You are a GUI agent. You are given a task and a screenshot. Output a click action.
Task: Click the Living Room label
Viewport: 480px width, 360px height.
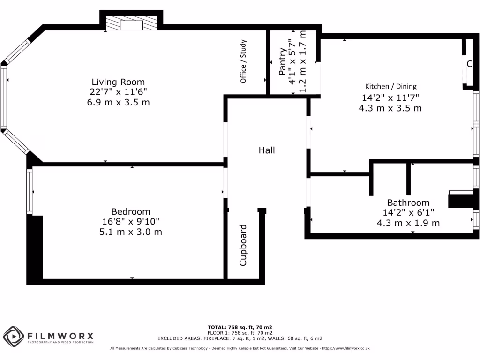118,82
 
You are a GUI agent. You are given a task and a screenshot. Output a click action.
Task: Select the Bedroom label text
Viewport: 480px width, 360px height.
130,211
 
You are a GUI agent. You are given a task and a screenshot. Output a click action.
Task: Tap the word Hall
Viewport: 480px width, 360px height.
267,150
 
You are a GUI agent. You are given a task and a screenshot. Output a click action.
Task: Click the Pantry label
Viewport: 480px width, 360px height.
282,62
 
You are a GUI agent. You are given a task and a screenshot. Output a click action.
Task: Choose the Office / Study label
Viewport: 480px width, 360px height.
243,61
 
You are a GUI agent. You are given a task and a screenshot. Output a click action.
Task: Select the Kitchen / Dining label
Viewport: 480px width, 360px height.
390,86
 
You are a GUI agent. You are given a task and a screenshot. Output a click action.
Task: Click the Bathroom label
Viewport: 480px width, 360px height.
408,202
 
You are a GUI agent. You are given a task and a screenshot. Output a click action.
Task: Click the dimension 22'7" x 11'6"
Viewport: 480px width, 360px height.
118,92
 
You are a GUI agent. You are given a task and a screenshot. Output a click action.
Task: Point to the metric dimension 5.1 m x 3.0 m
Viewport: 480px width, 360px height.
130,232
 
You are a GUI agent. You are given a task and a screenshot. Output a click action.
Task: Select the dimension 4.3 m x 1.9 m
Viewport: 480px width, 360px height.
408,223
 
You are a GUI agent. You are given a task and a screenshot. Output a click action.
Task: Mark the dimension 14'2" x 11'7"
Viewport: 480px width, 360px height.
390,97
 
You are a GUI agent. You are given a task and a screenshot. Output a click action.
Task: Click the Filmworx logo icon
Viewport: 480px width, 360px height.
14,336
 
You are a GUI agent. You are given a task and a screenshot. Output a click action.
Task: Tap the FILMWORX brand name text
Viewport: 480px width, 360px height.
60,336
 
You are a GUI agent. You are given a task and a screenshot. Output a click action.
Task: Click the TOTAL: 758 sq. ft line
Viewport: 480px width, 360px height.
240,327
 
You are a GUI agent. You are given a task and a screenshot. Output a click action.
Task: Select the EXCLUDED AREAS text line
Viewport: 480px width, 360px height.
240,338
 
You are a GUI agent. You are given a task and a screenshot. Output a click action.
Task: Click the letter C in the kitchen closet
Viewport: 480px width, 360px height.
469,64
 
